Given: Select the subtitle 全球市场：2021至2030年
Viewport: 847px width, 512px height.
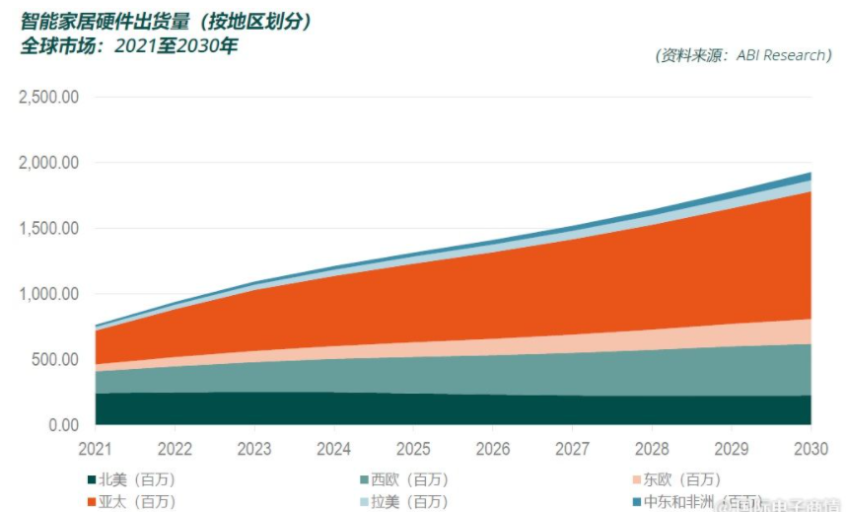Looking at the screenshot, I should [x=129, y=46].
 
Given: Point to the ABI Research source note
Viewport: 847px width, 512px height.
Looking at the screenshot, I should [x=742, y=55].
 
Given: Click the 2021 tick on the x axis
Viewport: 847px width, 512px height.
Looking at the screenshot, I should [x=95, y=450].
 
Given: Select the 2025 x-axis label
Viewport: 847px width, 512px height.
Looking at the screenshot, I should [x=414, y=450].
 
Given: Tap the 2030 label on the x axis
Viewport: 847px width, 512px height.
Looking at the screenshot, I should [x=812, y=450].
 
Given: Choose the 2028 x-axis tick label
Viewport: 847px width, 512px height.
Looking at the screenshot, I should [x=652, y=450].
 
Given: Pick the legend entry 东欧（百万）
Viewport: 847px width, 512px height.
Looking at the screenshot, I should [x=681, y=480].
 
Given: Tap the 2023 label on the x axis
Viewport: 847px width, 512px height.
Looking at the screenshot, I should [x=254, y=450].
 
